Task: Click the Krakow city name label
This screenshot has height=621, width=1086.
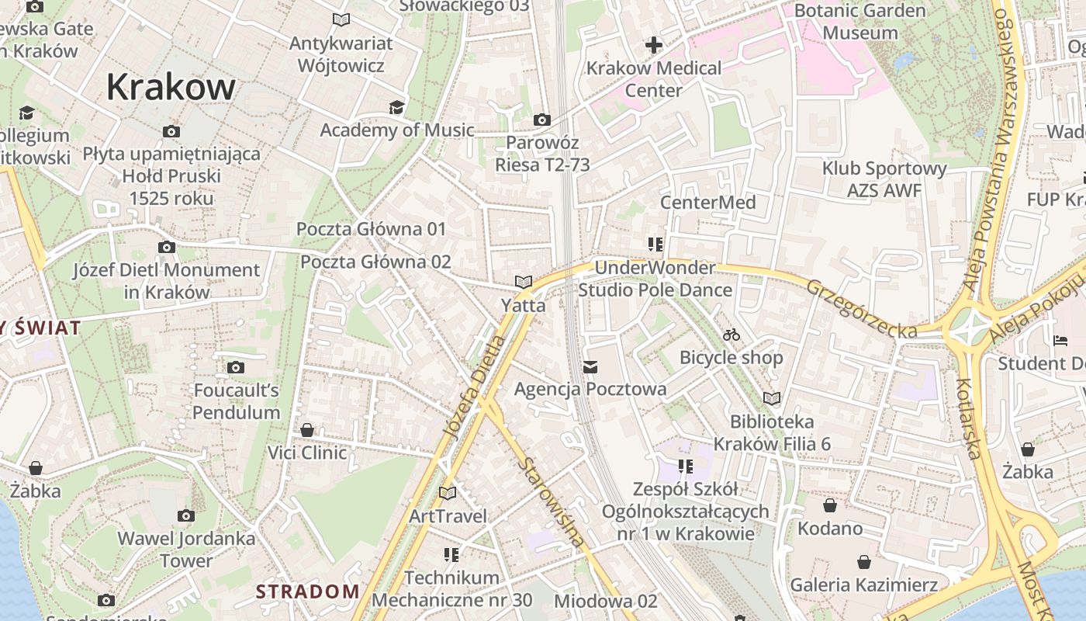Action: pyautogui.click(x=171, y=86)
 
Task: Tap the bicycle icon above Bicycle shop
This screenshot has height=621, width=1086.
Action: pyautogui.click(x=731, y=335)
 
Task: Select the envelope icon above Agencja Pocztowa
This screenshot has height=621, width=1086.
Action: pyautogui.click(x=590, y=366)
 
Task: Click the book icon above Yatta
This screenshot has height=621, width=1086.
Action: pyautogui.click(x=524, y=283)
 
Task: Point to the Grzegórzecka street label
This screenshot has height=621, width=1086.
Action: pyautogui.click(x=861, y=308)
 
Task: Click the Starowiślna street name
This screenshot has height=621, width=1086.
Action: pyautogui.click(x=552, y=503)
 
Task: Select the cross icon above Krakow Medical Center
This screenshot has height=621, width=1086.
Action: pyautogui.click(x=654, y=45)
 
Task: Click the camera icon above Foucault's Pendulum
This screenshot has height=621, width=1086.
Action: pyautogui.click(x=236, y=368)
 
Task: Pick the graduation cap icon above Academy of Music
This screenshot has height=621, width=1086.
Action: pyautogui.click(x=396, y=108)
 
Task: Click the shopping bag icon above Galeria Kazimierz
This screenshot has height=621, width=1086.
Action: pyautogui.click(x=864, y=562)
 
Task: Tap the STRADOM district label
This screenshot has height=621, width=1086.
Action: pyautogui.click(x=308, y=592)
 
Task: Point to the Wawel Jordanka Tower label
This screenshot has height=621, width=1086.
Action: pyautogui.click(x=186, y=549)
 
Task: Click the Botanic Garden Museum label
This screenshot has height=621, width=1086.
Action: pyautogui.click(x=860, y=22)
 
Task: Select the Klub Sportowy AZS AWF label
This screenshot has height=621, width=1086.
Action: pyautogui.click(x=884, y=179)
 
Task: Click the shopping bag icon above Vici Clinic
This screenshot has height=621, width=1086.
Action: pyautogui.click(x=307, y=430)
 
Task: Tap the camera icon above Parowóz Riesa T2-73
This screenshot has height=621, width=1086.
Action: pyautogui.click(x=541, y=120)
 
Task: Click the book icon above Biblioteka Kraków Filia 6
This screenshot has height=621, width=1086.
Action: pyautogui.click(x=771, y=399)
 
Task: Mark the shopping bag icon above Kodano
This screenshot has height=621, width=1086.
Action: pyautogui.click(x=830, y=506)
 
